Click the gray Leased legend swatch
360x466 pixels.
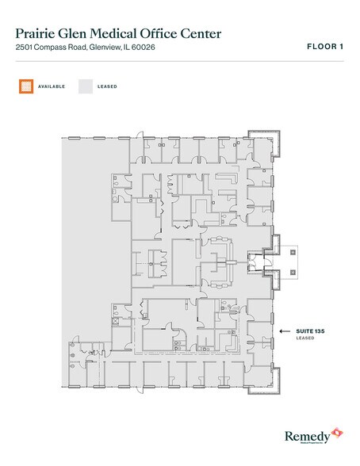86,85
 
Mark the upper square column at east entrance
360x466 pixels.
293,250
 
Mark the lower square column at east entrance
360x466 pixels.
293,272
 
